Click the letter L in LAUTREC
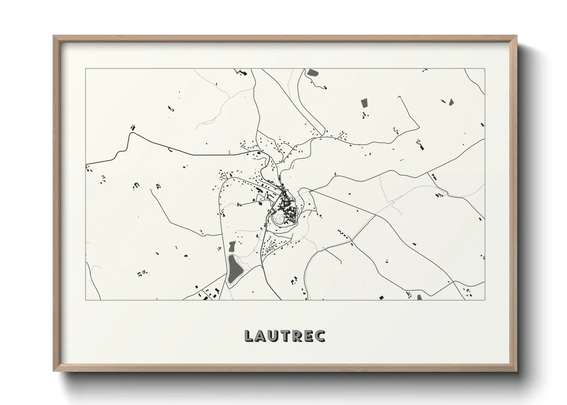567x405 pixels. [x=249, y=336]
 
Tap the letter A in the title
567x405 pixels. [x=261, y=336]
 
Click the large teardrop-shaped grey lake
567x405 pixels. [x=234, y=269]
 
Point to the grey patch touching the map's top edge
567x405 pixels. [x=312, y=72]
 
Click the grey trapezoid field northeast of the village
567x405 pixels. [x=364, y=103]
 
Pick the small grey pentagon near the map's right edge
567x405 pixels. [x=451, y=101]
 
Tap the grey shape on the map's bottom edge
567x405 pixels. [x=419, y=297]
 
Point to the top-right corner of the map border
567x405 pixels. [x=485, y=69]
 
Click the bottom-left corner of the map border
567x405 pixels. [x=86, y=300]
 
